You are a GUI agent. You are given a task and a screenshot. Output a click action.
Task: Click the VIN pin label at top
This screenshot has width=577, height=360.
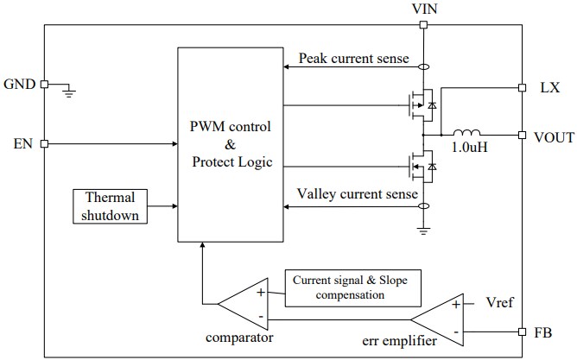[x=422, y=9]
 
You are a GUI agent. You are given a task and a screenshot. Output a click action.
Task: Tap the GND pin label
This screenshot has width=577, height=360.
[x=19, y=85]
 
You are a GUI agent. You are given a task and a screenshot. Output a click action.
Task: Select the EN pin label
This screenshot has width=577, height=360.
[x=22, y=143]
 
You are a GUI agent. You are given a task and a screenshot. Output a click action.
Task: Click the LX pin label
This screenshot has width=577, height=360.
[x=549, y=88]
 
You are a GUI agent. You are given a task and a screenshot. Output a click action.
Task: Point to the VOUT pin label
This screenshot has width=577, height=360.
[x=554, y=136]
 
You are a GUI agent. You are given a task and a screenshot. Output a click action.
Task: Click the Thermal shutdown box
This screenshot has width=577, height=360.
[x=111, y=206]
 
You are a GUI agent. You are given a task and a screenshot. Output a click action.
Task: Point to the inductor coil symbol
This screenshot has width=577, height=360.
[x=468, y=133]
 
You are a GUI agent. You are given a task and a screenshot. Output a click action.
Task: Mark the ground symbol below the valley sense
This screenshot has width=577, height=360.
[x=422, y=231]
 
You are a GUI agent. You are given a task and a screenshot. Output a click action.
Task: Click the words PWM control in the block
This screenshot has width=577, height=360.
[x=230, y=127]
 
